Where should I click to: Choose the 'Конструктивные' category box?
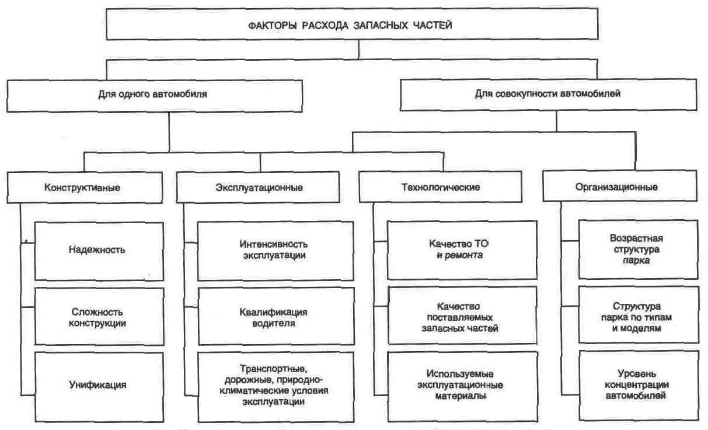86,188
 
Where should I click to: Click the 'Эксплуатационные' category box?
259,188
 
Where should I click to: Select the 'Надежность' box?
99,250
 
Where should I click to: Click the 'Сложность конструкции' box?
99,316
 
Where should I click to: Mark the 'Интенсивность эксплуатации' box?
275,250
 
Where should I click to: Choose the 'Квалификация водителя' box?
275,316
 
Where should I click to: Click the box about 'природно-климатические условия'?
275,385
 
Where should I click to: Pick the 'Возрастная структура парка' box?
638,249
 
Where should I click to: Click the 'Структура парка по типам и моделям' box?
638,316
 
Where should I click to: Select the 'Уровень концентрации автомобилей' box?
638,384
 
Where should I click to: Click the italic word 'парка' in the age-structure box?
637,261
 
